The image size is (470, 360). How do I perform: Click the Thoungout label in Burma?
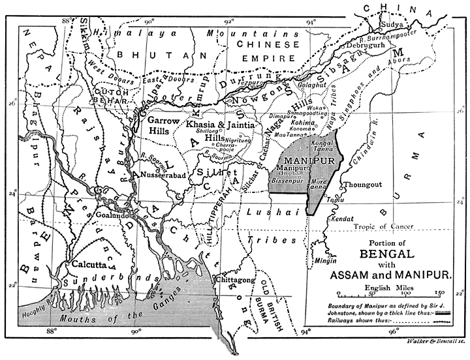point(361,185)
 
